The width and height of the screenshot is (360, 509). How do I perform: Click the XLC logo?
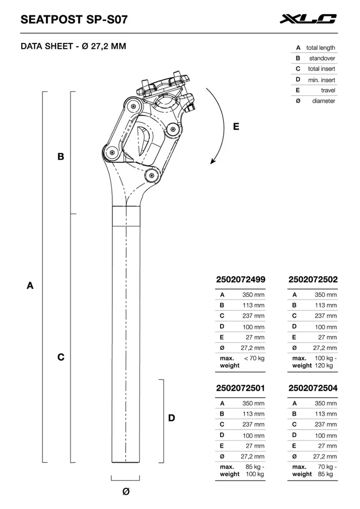click(x=308, y=20)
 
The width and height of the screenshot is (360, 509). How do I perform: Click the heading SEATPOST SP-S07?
click(x=74, y=20)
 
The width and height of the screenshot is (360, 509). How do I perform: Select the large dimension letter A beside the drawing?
click(x=30, y=285)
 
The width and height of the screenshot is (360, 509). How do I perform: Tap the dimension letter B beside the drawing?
click(x=61, y=156)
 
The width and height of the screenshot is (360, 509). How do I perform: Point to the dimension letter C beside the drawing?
click(x=61, y=357)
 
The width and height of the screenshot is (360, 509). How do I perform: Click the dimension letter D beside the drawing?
click(x=171, y=418)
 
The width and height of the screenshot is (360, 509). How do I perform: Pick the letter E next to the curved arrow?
click(x=236, y=126)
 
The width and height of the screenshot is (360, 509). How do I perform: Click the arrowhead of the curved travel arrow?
click(x=213, y=161)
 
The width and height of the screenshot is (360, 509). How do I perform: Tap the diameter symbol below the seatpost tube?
click(x=126, y=491)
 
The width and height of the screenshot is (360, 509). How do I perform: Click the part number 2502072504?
click(x=313, y=388)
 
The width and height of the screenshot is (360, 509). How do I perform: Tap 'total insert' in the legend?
click(x=321, y=69)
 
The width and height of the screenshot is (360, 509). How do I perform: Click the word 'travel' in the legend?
click(x=328, y=90)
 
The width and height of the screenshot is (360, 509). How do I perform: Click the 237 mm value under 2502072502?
click(x=326, y=316)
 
